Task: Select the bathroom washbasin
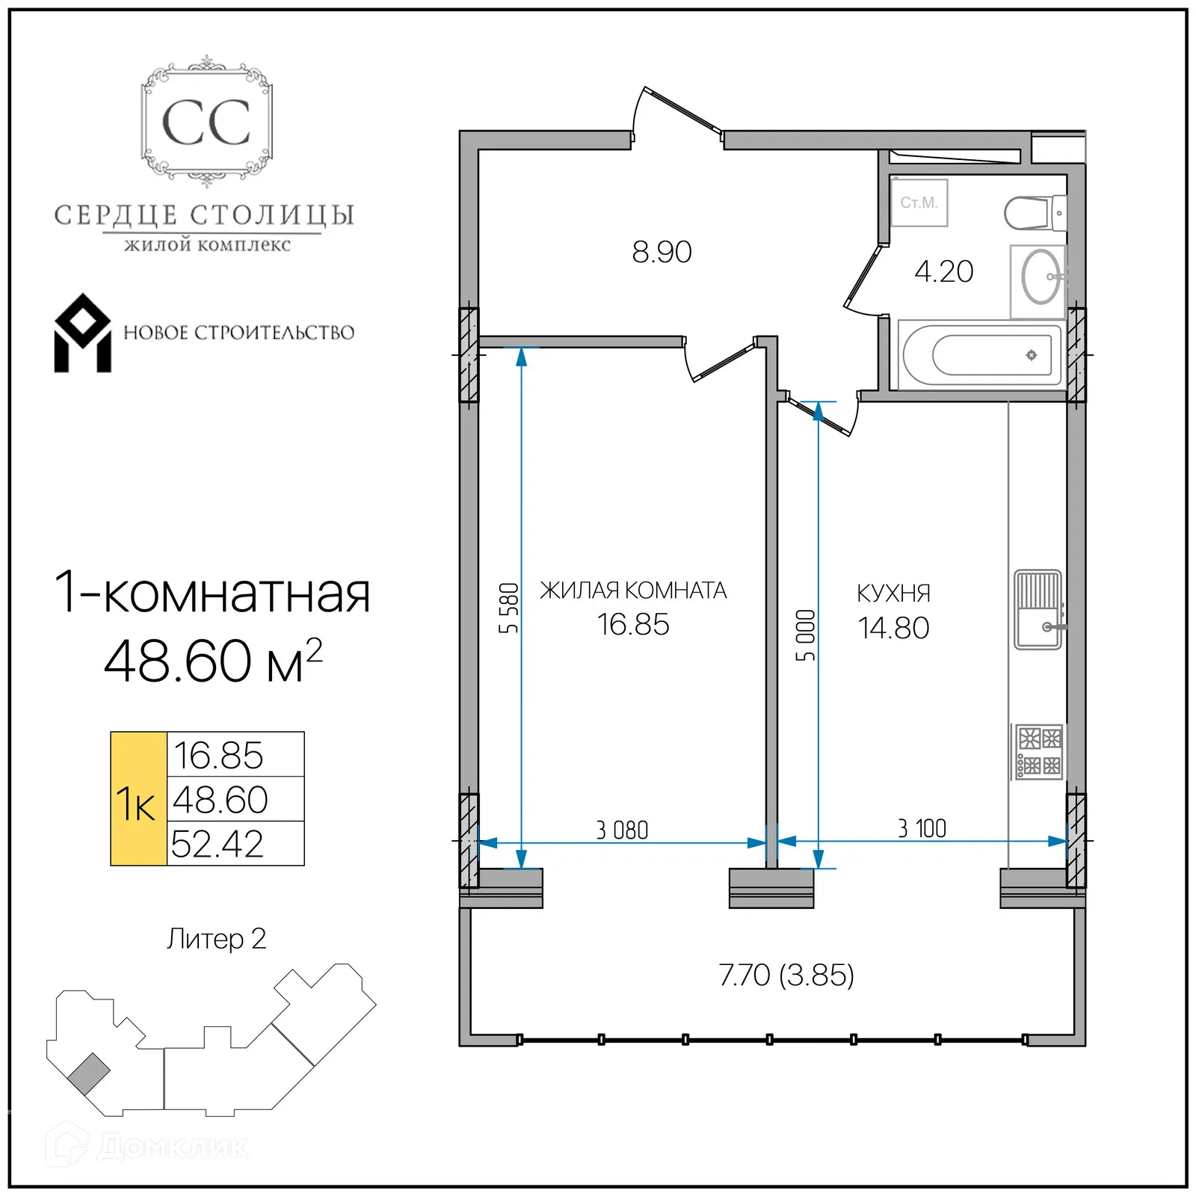point(1040,277)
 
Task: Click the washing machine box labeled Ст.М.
point(919,203)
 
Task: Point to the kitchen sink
point(1038,609)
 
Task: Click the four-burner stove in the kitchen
point(1039,751)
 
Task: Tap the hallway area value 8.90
point(662,253)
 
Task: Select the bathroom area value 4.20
point(943,271)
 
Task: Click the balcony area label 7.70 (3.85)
point(786,975)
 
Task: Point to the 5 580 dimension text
point(508,608)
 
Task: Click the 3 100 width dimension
point(922,828)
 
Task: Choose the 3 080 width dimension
point(622,830)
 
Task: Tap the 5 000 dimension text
point(805,635)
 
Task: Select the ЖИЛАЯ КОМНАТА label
point(633,591)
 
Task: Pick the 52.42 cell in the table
point(218,844)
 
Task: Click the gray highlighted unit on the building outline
point(89,1074)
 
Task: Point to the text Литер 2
point(216,939)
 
